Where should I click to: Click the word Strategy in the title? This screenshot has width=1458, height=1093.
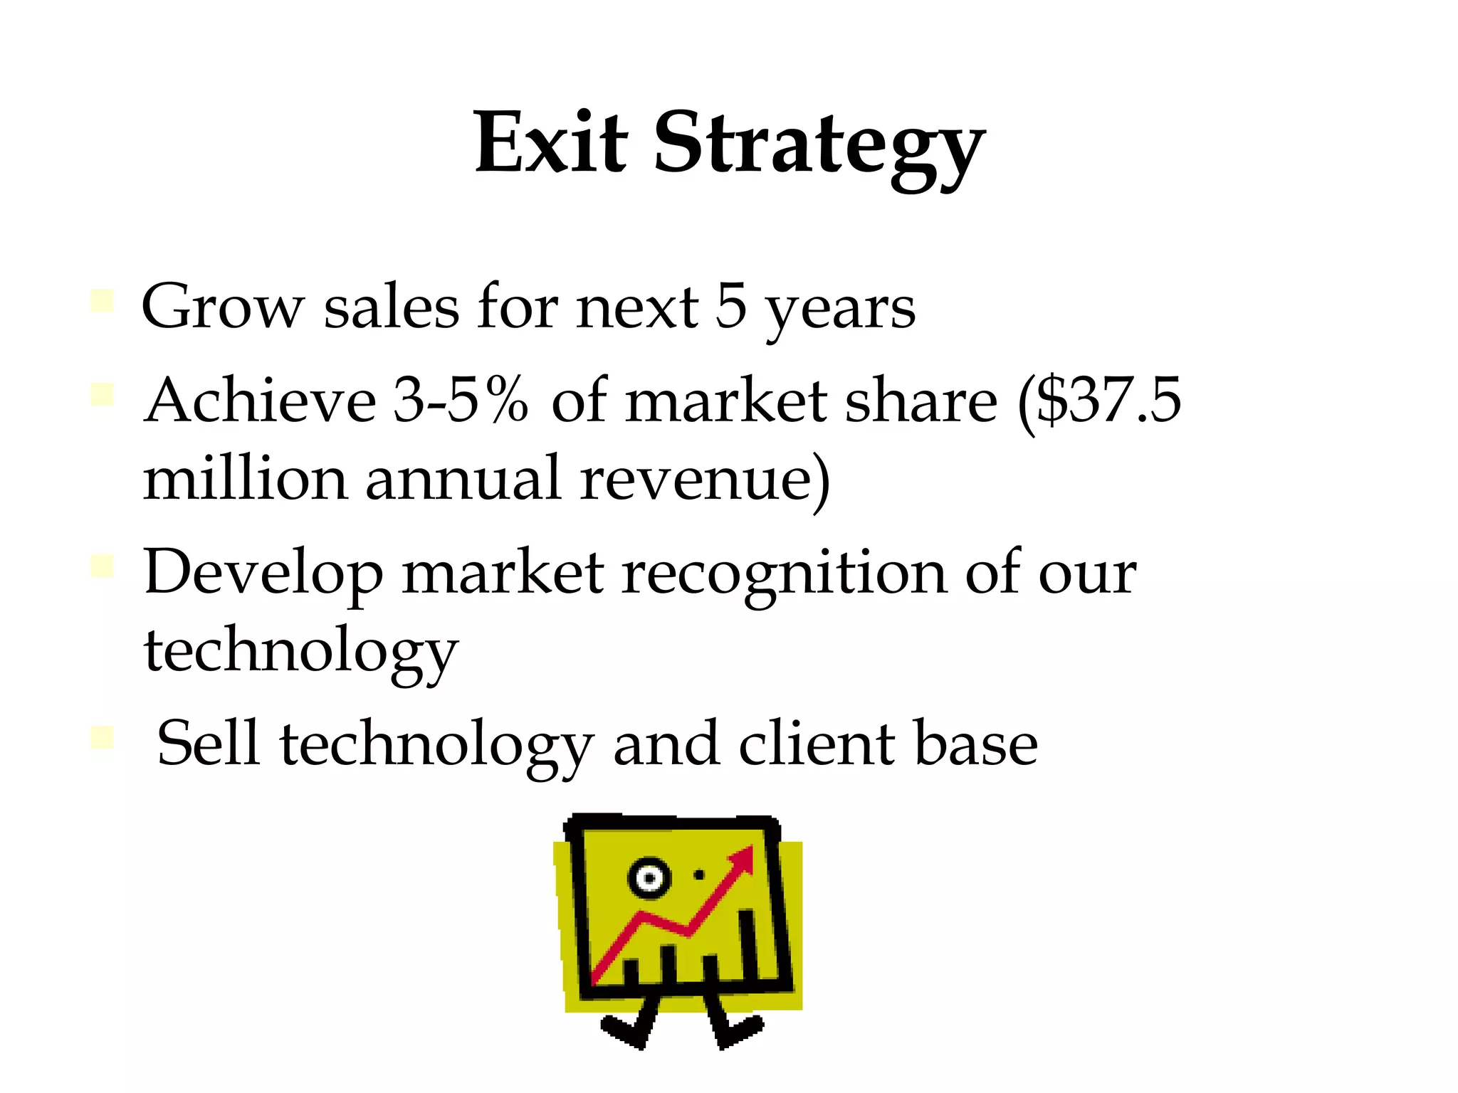coord(819,146)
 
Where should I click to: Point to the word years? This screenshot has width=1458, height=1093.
coord(840,310)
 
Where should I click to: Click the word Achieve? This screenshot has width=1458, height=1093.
coord(260,400)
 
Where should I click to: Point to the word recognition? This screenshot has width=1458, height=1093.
coord(784,573)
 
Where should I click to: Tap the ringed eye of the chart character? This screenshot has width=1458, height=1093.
coord(649,877)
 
